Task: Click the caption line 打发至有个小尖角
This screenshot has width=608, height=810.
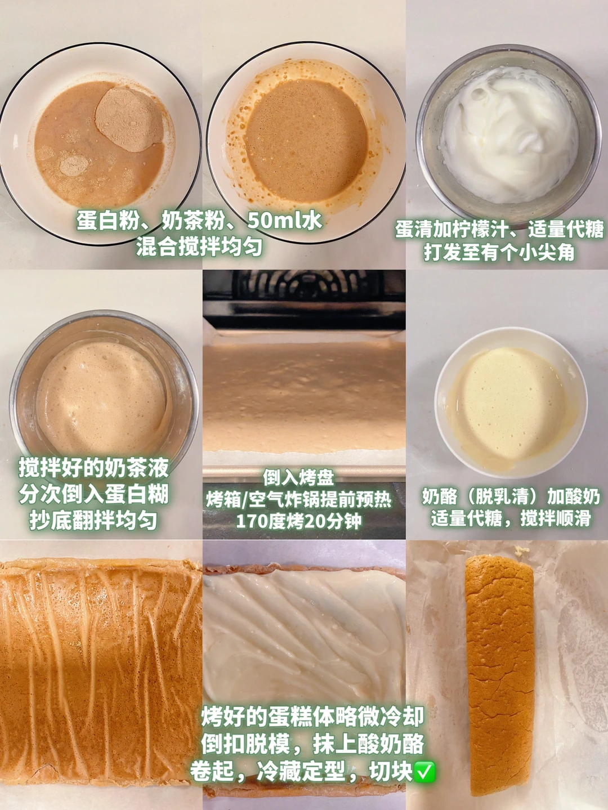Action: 499,253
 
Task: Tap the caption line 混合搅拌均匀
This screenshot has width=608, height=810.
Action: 199,247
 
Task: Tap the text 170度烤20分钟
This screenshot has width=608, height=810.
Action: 298,521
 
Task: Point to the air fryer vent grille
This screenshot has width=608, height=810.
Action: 307,285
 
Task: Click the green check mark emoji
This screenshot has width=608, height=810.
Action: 424,771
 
